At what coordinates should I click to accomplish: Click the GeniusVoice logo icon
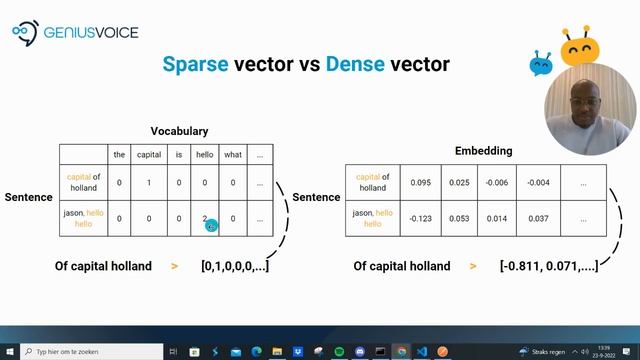(x=23, y=33)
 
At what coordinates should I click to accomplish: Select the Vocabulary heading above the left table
(x=179, y=131)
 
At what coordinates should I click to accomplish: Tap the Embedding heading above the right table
(x=483, y=151)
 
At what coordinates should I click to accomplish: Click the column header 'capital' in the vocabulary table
(x=148, y=154)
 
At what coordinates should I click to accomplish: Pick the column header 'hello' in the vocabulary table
(x=205, y=154)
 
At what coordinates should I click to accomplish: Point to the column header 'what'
(x=233, y=154)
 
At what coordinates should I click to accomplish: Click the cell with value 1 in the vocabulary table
(x=148, y=182)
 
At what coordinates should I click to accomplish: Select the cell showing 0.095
(x=421, y=182)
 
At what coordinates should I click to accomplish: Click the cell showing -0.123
(x=421, y=217)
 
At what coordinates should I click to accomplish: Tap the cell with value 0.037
(x=538, y=217)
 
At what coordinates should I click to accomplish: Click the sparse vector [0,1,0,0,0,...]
(x=234, y=266)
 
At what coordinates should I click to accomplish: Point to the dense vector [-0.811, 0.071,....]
(x=549, y=266)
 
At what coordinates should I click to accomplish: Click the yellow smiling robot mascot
(x=577, y=45)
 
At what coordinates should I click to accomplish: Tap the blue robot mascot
(x=541, y=64)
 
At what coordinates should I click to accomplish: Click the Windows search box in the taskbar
(x=90, y=352)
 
